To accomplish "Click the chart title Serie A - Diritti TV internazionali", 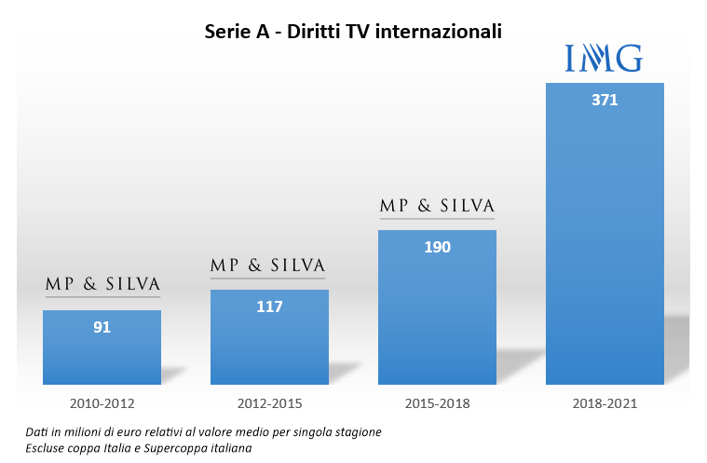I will click(353, 32).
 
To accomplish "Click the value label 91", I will click(102, 327).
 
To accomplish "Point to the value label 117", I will click(269, 306).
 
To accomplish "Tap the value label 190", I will click(437, 247).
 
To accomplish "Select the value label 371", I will click(605, 100).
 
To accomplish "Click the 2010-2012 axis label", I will click(102, 404).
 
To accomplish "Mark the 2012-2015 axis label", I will click(269, 404).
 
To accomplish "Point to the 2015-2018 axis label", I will click(437, 404).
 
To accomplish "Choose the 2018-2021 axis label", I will click(605, 404).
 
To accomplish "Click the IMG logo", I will click(605, 60).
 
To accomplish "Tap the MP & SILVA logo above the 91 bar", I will click(102, 284).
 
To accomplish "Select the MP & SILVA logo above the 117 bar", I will click(267, 266).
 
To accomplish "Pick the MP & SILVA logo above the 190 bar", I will click(436, 206).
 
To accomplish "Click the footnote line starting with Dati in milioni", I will click(204, 432).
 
